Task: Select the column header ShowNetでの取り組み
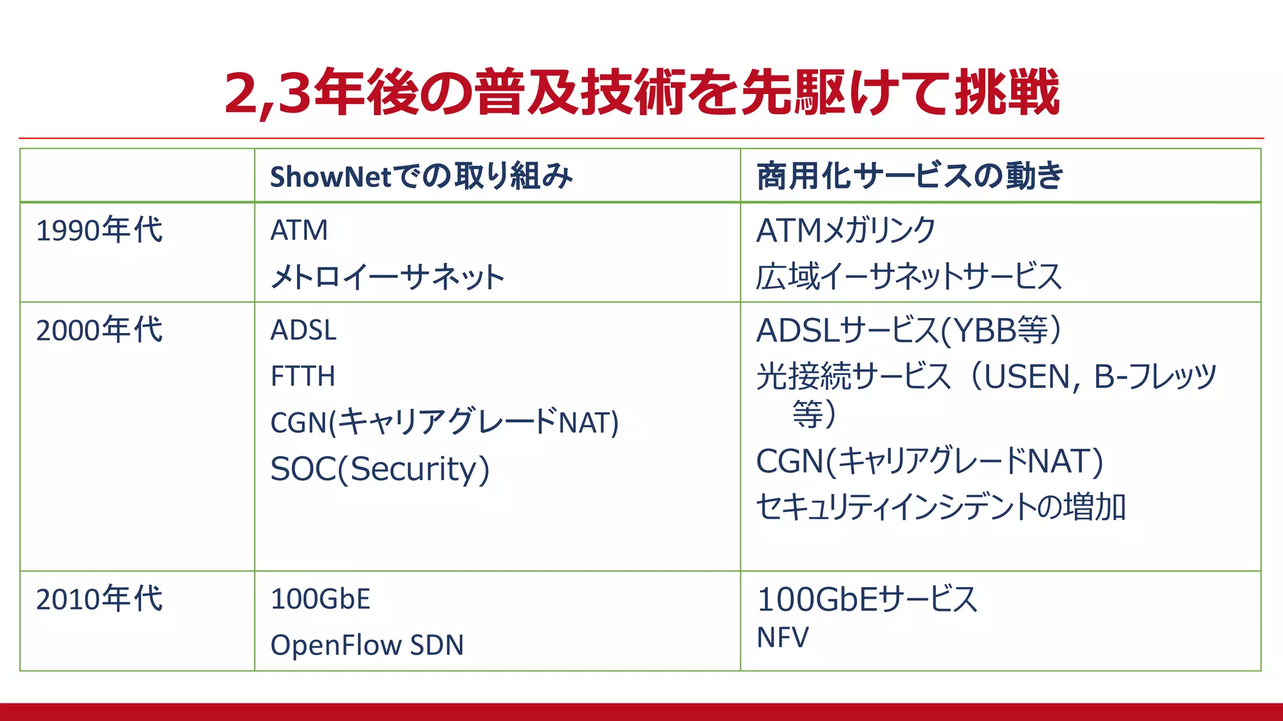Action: [421, 176]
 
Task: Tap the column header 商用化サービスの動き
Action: [910, 176]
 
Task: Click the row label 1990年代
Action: [99, 230]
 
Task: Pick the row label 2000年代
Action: [99, 330]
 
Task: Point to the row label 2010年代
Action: [99, 599]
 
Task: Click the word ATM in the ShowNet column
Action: [299, 230]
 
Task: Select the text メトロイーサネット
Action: [387, 277]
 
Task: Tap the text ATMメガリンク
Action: [846, 230]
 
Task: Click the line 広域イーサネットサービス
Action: [908, 277]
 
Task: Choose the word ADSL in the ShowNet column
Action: [303, 330]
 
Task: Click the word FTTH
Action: [303, 377]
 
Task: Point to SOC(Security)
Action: [380, 469]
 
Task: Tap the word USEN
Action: [1029, 377]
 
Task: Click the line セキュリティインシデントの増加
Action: [941, 507]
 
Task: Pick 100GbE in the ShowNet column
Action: [320, 599]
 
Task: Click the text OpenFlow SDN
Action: [367, 645]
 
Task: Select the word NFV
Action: [782, 638]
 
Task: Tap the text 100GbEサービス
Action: [867, 599]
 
